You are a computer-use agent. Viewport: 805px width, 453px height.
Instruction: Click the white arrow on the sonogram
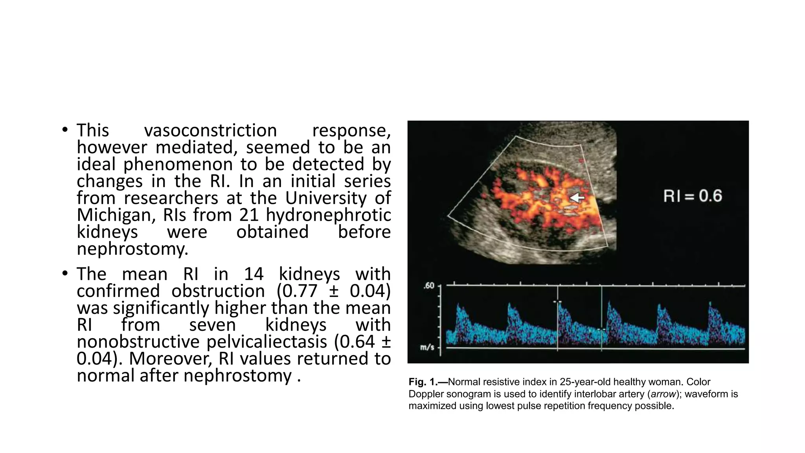click(x=577, y=198)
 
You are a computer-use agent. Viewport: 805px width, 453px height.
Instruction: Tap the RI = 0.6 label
click(x=693, y=196)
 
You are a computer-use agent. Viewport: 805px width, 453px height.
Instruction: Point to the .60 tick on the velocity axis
click(x=429, y=285)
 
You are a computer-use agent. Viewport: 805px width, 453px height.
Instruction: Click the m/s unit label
click(x=427, y=347)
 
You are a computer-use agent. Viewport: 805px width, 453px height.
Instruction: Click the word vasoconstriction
click(x=210, y=131)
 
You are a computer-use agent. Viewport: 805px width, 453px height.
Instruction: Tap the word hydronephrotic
click(x=328, y=215)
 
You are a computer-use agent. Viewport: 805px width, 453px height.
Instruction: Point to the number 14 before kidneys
click(x=254, y=274)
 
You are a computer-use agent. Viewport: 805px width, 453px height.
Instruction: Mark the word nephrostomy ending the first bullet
click(x=132, y=249)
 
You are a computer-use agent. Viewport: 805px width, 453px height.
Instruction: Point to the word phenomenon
click(x=178, y=164)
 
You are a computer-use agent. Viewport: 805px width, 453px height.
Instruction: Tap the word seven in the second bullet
click(x=212, y=325)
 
